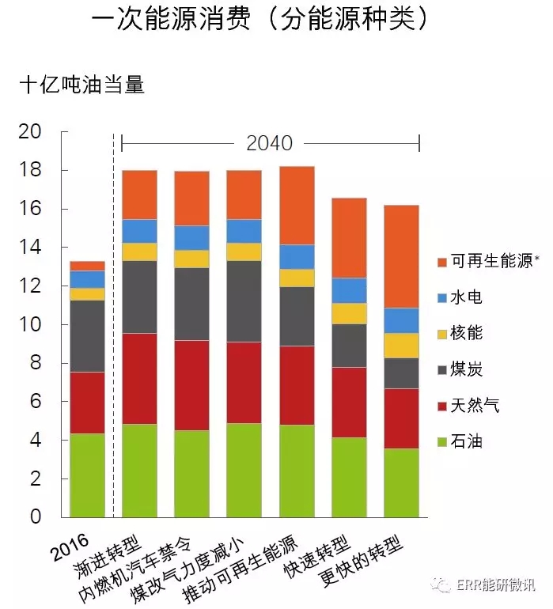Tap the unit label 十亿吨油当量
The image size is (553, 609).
coord(81,85)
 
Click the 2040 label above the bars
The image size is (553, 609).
coord(270,143)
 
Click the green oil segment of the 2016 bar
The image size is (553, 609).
coord(87,475)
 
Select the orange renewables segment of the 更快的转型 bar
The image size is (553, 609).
coord(401,257)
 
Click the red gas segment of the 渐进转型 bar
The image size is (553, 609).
coord(139,379)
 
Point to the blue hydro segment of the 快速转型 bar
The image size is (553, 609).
coord(349,290)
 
